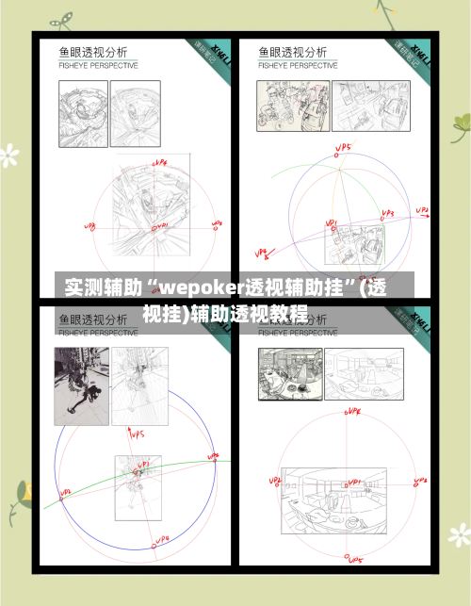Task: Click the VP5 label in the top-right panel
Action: (x=344, y=148)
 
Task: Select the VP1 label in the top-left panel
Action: (x=161, y=225)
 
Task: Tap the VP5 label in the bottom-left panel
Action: (x=136, y=434)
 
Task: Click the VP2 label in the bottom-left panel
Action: (x=67, y=492)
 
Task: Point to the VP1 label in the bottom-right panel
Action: (x=354, y=482)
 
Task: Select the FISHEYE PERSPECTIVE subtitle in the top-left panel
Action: (x=99, y=66)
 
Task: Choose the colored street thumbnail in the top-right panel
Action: (x=280, y=106)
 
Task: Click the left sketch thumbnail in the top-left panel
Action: (x=83, y=113)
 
